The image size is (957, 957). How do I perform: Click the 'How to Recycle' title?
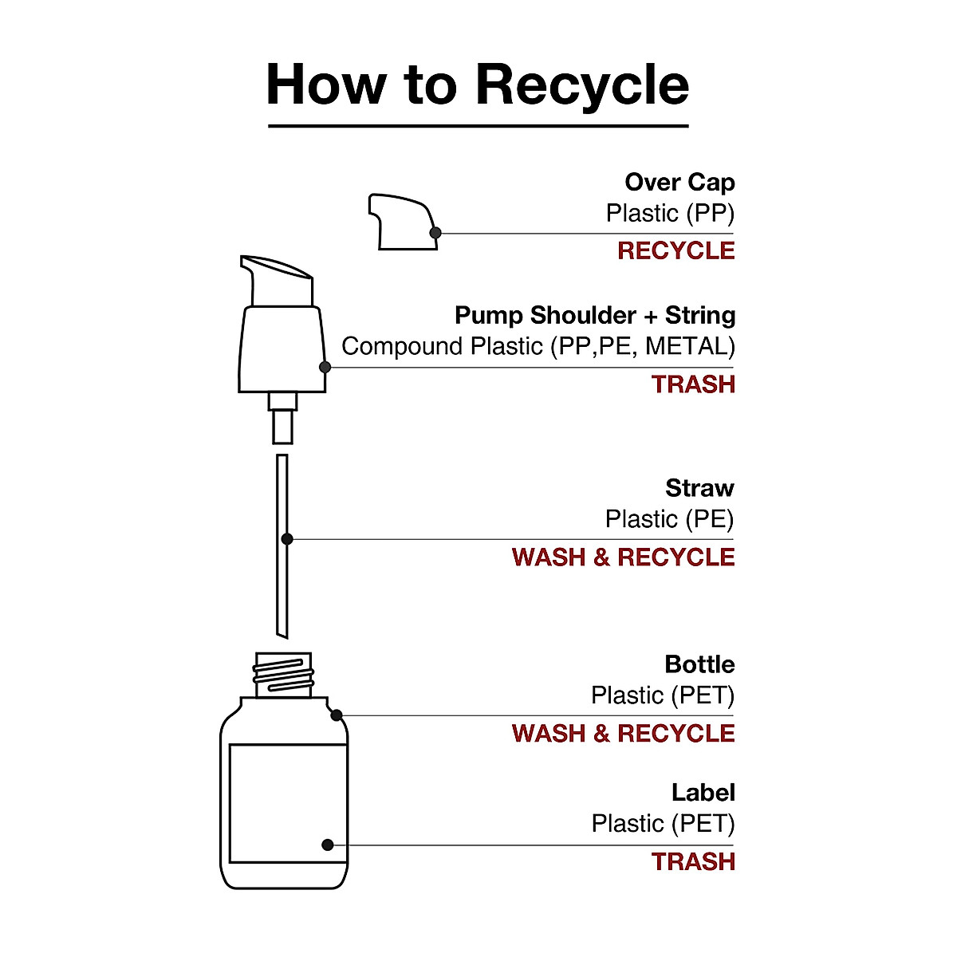point(478,85)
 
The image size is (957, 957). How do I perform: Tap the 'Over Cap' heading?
point(679,183)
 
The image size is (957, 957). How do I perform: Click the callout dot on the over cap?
point(435,233)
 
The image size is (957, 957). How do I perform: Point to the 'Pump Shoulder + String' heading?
point(595,316)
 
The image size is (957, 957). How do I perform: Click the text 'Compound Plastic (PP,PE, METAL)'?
point(538,347)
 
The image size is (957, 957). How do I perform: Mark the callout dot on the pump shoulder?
point(325,368)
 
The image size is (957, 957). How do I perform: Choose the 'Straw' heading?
point(699,488)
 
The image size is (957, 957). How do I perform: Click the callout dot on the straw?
point(287,539)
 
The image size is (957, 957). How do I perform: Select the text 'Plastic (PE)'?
point(669,520)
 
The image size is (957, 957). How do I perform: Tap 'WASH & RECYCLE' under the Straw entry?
point(623,557)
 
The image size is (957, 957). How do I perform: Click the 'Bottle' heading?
point(699,664)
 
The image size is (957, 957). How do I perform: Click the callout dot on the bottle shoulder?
point(337,715)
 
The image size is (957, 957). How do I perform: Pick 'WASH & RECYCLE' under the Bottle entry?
point(623,734)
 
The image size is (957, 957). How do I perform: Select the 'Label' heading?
point(703,793)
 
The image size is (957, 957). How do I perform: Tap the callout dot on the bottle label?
point(327,845)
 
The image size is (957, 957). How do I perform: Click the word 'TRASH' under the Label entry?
point(693,862)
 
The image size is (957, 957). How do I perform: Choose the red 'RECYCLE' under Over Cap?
point(675,251)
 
